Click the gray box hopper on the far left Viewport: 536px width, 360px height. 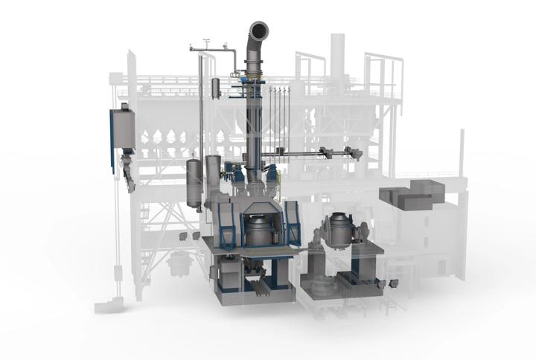pyautogui.click(x=123, y=129)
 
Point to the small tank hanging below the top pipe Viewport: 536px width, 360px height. pyautogui.click(x=216, y=88)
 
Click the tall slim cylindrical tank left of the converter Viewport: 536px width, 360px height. pyautogui.click(x=194, y=182)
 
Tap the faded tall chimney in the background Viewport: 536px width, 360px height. pyautogui.click(x=338, y=56)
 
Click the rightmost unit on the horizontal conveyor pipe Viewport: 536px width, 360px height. pyautogui.click(x=355, y=154)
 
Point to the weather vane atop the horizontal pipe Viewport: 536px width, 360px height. pyautogui.click(x=205, y=44)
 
